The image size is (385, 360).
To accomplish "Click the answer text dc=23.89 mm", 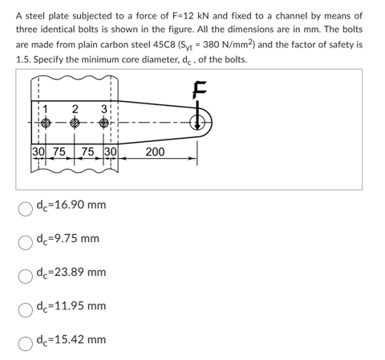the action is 71,273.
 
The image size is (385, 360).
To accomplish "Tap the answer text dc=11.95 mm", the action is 71,306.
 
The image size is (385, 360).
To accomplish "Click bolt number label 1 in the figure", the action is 46,110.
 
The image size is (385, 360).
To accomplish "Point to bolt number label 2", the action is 75,108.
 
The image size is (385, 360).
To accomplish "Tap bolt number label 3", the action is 103,110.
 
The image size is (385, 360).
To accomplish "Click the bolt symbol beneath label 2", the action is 75,126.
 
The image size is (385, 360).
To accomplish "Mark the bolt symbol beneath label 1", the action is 46,126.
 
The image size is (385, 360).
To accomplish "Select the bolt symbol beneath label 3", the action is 104,126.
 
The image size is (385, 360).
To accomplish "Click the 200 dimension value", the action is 156,152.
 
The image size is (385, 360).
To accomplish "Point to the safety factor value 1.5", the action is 24,60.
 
